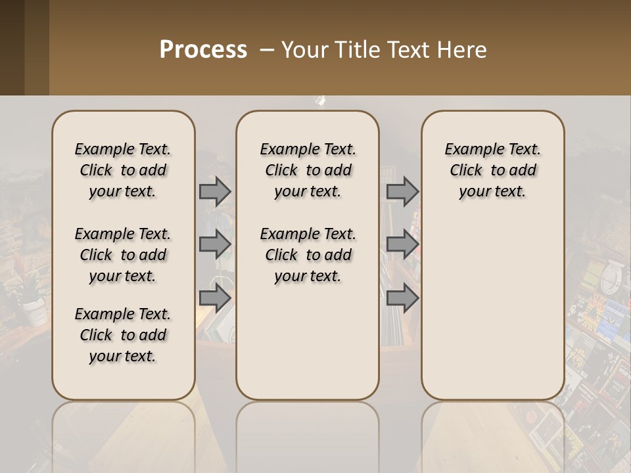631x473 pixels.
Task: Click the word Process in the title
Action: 203,50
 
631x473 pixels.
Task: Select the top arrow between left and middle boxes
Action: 215,191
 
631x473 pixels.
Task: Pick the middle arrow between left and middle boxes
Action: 215,244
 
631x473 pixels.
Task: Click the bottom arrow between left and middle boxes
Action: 215,298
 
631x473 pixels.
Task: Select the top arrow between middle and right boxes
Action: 402,191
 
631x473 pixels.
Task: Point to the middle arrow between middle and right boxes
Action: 402,244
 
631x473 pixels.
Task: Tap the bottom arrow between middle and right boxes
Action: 402,298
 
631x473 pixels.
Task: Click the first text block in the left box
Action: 123,170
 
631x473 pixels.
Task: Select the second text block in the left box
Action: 123,255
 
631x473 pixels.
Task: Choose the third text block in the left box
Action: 123,335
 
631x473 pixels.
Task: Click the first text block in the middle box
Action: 308,170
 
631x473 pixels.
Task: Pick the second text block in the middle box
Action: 308,255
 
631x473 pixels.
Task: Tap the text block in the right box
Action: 492,170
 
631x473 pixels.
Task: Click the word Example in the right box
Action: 468,150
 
